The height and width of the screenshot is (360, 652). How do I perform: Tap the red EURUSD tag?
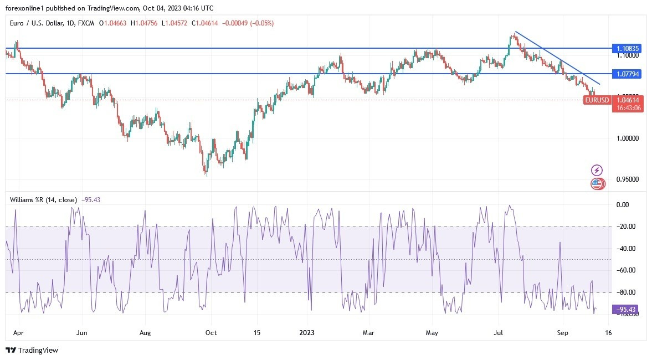point(597,100)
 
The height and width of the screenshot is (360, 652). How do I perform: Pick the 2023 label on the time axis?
point(307,333)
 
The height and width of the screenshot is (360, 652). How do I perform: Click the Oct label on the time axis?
point(211,333)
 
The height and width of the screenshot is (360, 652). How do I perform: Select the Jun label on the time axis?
point(81,333)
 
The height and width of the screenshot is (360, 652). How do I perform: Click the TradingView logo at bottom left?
point(32,350)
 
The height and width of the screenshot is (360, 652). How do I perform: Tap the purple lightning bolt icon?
point(597,170)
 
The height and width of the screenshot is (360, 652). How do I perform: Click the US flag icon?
point(597,184)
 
